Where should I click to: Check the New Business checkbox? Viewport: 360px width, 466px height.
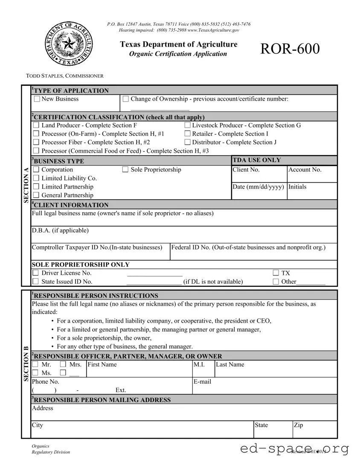pos(37,99)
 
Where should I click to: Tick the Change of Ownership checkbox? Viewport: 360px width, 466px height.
pos(125,99)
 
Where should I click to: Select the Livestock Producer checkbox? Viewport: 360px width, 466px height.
pos(187,125)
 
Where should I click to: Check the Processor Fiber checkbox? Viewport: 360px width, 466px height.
pos(36,143)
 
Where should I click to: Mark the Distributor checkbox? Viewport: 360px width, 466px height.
pos(187,143)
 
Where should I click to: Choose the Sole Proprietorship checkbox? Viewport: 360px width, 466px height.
pos(125,170)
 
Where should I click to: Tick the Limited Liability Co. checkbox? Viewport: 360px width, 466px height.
pos(36,178)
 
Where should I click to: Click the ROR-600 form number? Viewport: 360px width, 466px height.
pos(290,49)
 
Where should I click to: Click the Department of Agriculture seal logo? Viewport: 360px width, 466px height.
pos(68,44)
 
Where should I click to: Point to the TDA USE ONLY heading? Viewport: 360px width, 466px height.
pos(256,160)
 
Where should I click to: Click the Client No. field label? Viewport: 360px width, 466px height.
pos(246,170)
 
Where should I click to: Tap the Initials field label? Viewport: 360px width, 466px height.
pos(297,187)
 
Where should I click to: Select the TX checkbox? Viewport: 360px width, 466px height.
pos(276,273)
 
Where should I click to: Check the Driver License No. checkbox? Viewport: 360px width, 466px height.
pos(36,273)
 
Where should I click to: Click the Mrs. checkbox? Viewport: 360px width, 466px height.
pos(63,364)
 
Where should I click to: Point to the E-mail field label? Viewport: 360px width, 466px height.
pos(202,382)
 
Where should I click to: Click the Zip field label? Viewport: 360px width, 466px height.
pos(299,425)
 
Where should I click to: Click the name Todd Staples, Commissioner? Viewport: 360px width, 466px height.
pos(65,76)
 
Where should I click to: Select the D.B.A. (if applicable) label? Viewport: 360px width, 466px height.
pos(60,230)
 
